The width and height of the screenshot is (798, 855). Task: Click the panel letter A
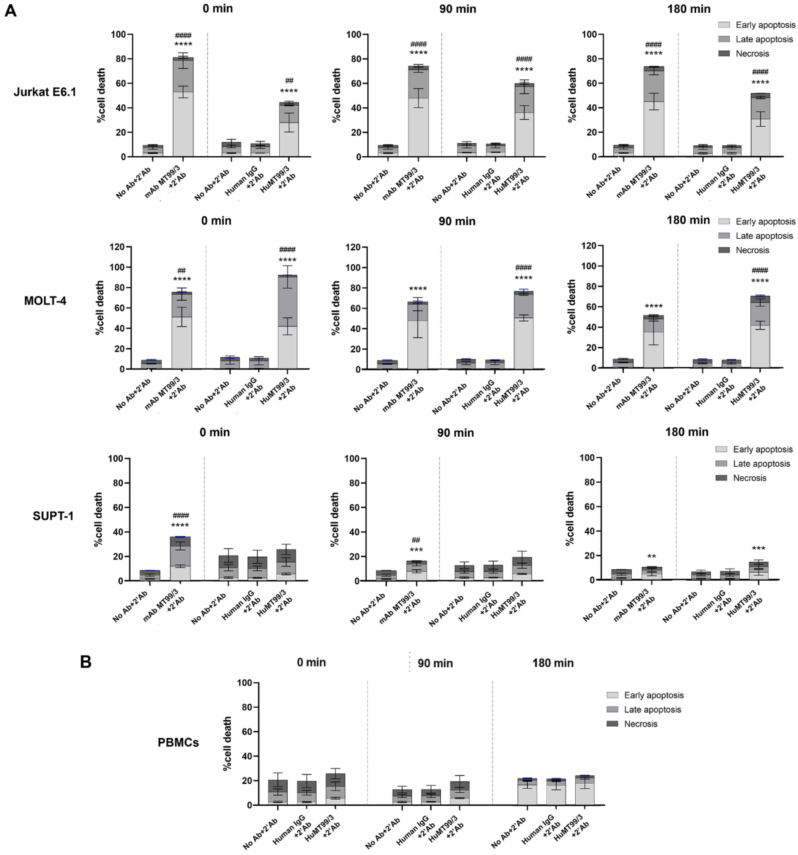pos(10,10)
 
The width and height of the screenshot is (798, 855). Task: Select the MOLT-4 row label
pos(45,301)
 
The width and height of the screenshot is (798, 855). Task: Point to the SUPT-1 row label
pos(53,516)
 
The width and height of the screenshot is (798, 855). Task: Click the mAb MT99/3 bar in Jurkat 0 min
pos(183,108)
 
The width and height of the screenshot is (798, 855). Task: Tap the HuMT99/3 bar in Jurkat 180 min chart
pos(760,125)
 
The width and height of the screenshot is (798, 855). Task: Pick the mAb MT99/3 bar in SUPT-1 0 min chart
pos(180,559)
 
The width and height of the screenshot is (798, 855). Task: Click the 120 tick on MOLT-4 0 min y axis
pos(117,247)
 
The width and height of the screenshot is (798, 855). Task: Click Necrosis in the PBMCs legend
pos(640,724)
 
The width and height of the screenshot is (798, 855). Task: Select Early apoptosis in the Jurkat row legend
pos(765,25)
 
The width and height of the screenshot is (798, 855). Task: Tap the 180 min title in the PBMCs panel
pos(553,663)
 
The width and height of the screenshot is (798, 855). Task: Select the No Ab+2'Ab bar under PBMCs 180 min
pos(527,792)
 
